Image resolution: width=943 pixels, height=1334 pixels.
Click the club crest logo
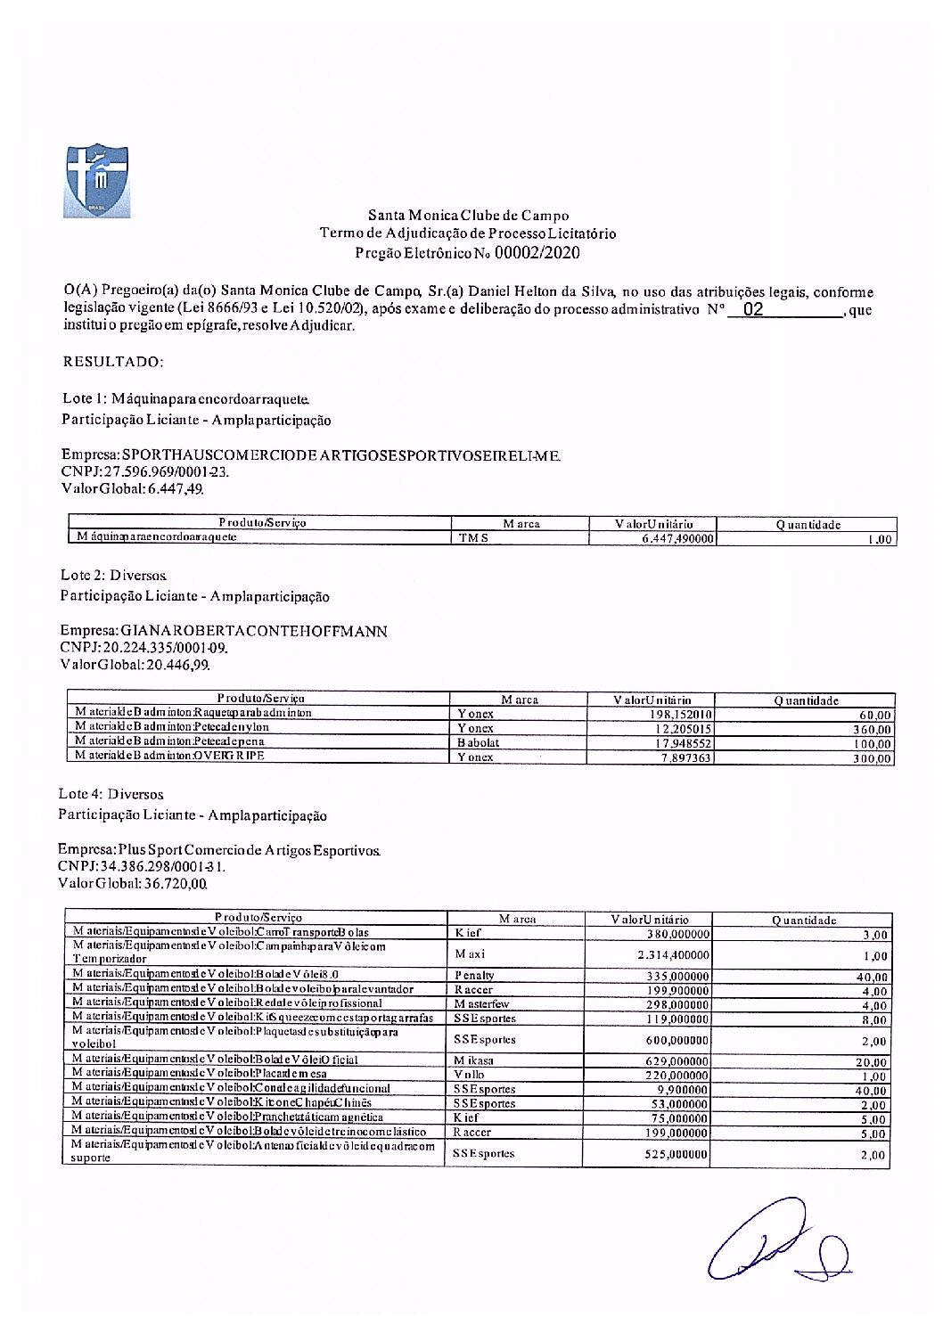pyautogui.click(x=97, y=181)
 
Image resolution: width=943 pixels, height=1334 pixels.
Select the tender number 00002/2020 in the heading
pyautogui.click(x=537, y=253)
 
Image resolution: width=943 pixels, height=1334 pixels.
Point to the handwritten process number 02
pyautogui.click(x=753, y=310)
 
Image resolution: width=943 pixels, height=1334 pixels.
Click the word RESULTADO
pyautogui.click(x=113, y=362)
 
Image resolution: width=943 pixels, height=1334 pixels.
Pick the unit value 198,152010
pyautogui.click(x=680, y=715)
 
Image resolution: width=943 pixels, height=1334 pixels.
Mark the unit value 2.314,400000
pyautogui.click(x=673, y=954)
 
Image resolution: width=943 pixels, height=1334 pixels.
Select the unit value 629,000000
pyautogui.click(x=677, y=1061)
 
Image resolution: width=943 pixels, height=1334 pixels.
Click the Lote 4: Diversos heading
pyautogui.click(x=111, y=794)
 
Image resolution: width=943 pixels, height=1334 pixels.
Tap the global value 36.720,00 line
pyautogui.click(x=133, y=884)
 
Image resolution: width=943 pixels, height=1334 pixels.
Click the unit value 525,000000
pyautogui.click(x=676, y=1154)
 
